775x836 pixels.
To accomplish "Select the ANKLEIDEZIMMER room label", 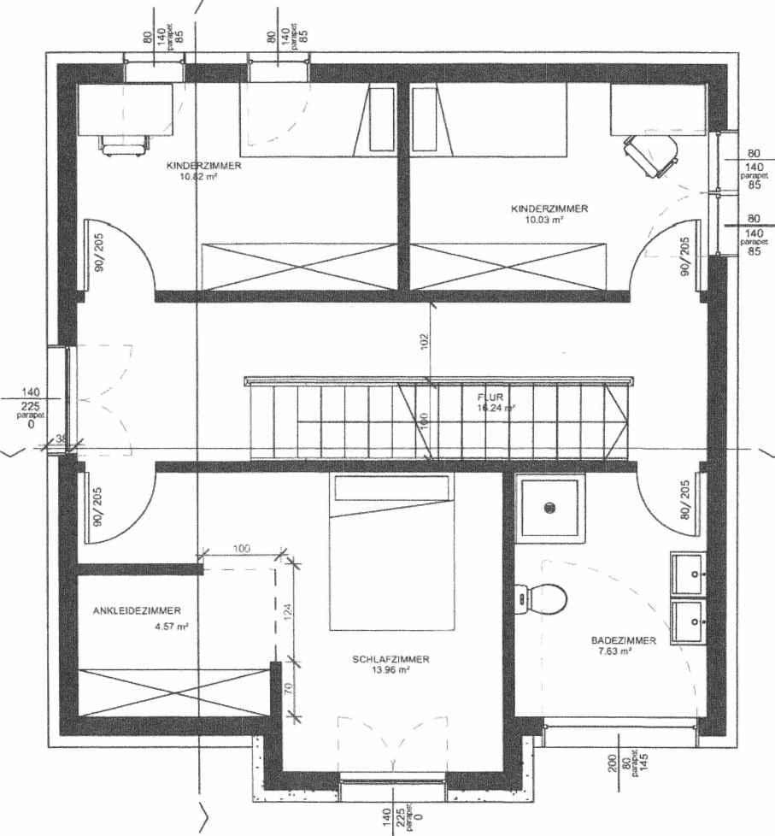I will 137,611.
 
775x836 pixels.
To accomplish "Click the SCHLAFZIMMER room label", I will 390,659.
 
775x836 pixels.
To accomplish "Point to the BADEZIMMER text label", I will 623,640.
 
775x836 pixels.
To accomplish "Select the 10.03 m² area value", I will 543,220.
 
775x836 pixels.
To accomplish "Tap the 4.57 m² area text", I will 171,626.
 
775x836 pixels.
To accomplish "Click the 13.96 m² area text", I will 390,670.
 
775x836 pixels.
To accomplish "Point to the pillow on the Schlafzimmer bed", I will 390,488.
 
